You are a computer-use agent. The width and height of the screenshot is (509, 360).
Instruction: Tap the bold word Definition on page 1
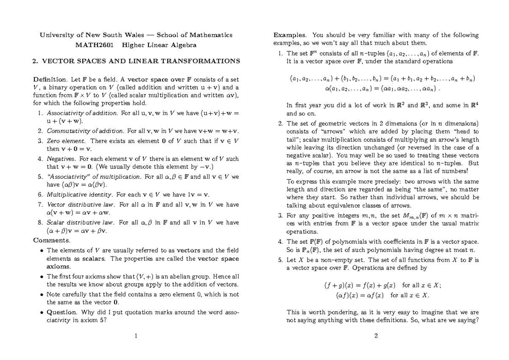point(49,79)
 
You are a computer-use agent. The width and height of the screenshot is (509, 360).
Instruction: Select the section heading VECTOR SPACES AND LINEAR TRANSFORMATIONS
point(140,61)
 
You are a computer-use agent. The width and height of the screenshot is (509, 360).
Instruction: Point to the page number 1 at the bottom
point(135,337)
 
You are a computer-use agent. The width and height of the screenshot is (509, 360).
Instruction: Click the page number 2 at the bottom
point(376,337)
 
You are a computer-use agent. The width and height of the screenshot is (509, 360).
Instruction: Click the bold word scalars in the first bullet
point(96,259)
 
